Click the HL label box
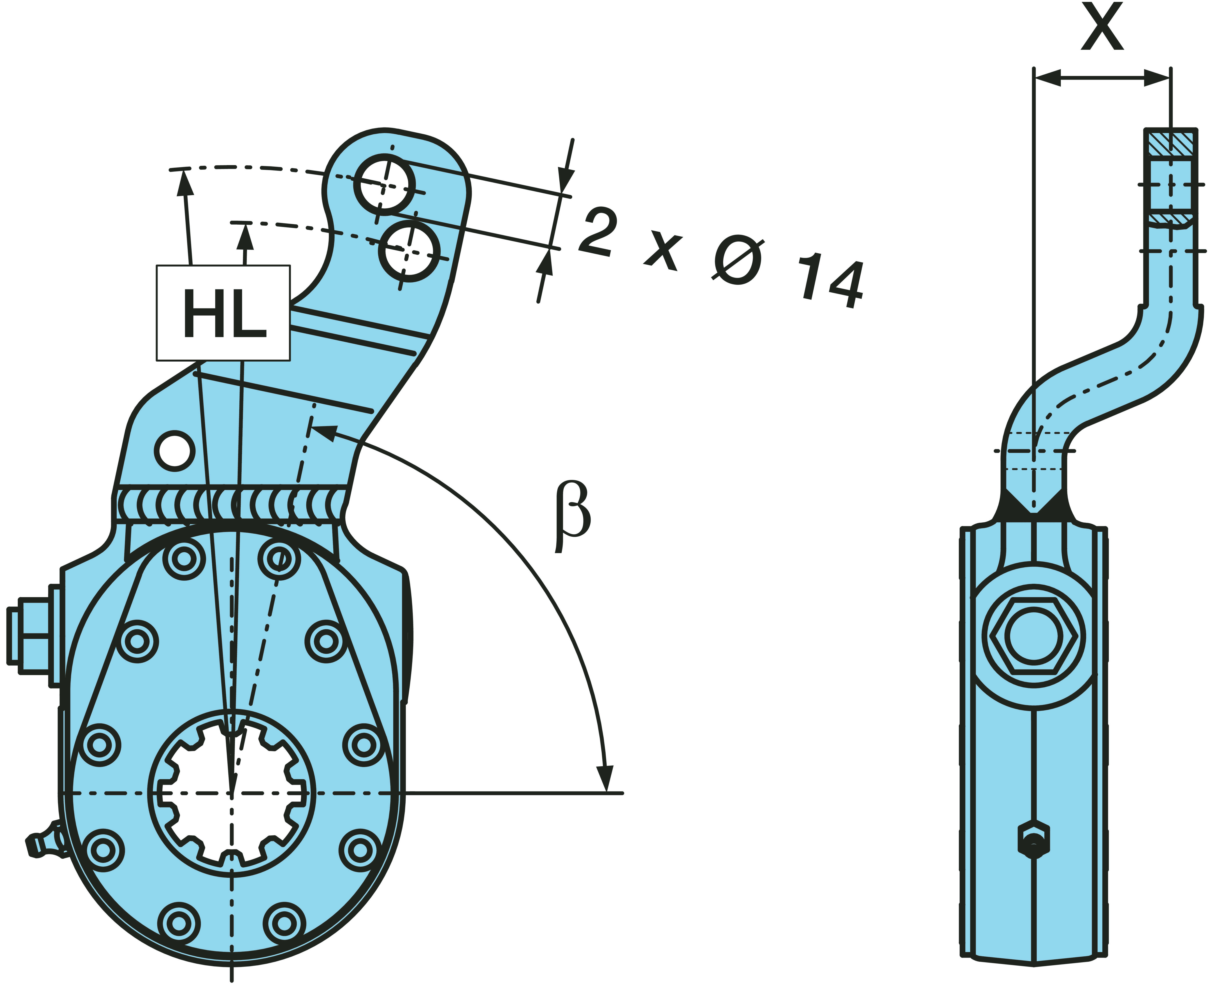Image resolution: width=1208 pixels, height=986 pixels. coord(223,313)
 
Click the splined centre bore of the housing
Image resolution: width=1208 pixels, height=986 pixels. coord(232,792)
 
